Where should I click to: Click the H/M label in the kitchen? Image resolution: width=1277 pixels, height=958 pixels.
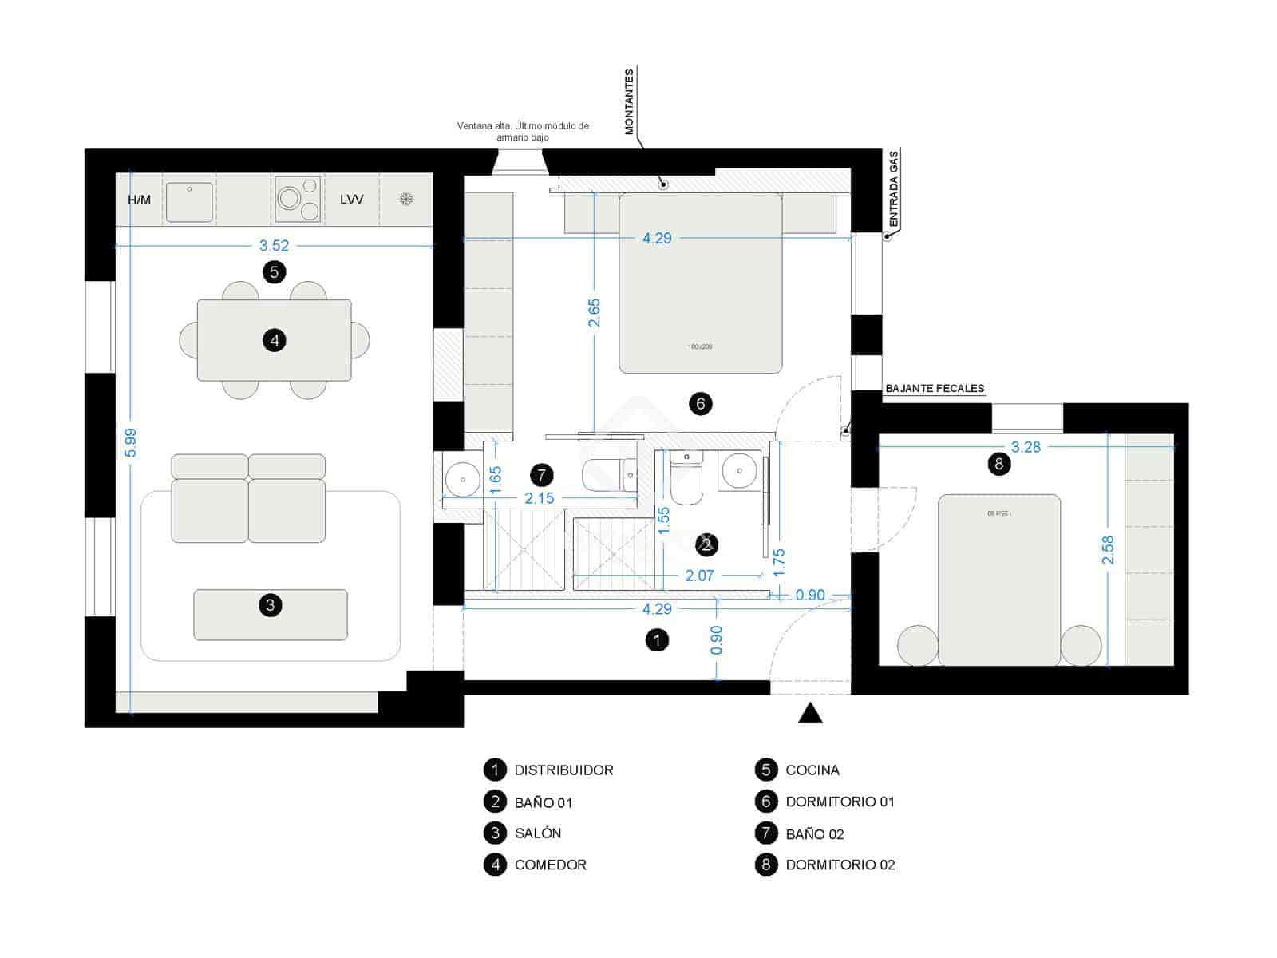(139, 200)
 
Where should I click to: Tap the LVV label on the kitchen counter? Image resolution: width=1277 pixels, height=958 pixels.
(351, 200)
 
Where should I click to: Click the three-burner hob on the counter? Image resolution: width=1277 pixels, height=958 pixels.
(298, 199)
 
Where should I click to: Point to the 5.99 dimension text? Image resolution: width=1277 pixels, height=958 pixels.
(131, 443)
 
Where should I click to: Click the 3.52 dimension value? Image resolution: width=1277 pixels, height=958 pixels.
(274, 246)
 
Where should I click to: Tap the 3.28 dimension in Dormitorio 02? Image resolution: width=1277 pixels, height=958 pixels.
(1026, 447)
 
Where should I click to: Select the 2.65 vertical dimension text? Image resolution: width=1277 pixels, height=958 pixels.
(594, 313)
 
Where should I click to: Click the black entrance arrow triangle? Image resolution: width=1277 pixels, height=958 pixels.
(810, 713)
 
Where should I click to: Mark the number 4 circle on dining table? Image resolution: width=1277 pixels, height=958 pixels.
(275, 341)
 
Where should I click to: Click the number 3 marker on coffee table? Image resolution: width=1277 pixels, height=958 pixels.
(271, 605)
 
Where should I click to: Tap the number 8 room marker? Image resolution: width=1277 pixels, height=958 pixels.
(999, 464)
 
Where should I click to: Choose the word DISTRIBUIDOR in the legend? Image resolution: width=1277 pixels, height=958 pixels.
(563, 770)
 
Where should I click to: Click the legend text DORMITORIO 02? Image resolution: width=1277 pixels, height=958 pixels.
(840, 865)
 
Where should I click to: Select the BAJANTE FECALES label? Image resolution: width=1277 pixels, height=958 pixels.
(935, 389)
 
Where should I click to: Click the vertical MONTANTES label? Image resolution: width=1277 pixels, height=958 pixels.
(629, 101)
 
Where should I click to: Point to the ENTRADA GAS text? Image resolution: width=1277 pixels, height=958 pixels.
(894, 188)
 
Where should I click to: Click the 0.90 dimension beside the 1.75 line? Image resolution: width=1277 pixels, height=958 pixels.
(810, 595)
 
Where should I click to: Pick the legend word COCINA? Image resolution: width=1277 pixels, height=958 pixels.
(812, 770)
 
